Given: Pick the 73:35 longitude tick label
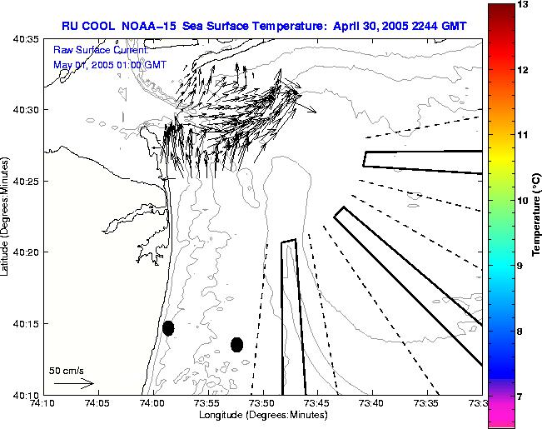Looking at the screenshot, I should pyautogui.click(x=427, y=403).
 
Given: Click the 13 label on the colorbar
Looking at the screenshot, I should pyautogui.click(x=524, y=5).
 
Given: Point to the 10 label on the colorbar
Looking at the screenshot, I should pyautogui.click(x=524, y=201).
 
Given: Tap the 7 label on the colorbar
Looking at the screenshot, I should pyautogui.click(x=524, y=397).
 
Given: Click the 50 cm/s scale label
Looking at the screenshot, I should pyautogui.click(x=66, y=371).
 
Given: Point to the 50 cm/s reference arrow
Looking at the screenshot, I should pyautogui.click(x=73, y=384).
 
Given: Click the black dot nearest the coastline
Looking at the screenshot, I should pyautogui.click(x=168, y=328).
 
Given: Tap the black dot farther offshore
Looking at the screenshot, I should pyautogui.click(x=236, y=344).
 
